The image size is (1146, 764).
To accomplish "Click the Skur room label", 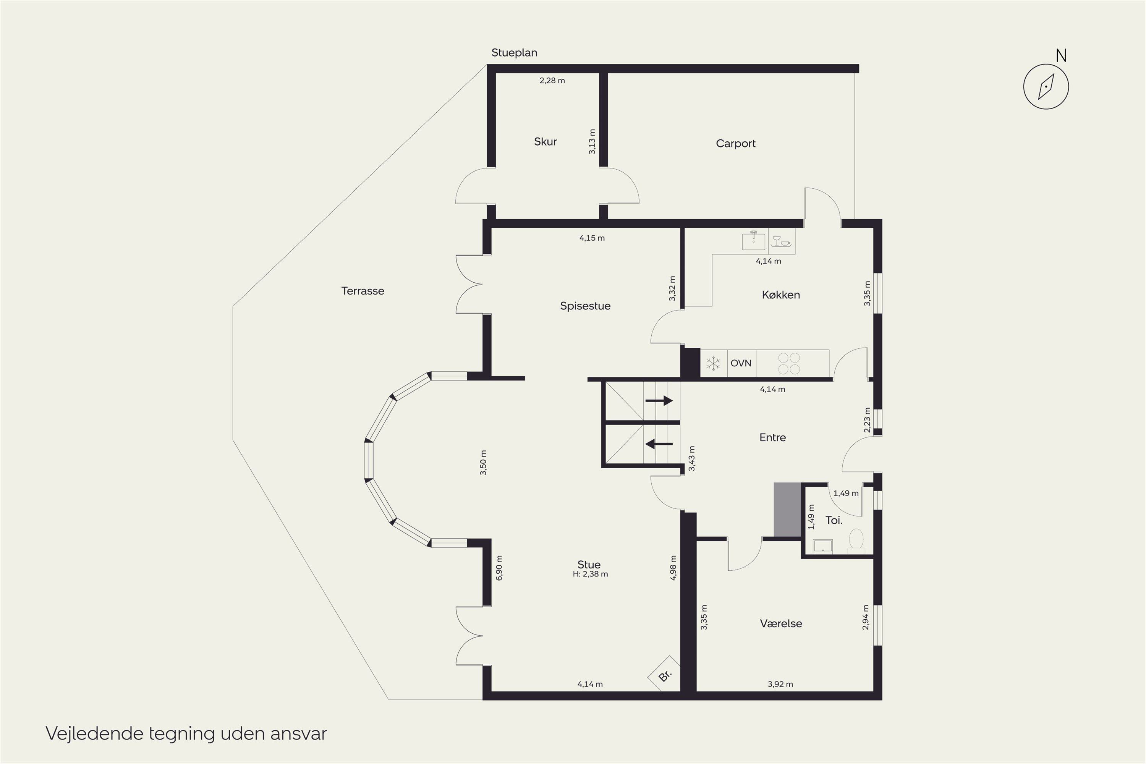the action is (545, 142).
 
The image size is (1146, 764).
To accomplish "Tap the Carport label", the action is (736, 144).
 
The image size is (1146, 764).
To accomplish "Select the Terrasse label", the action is (363, 291).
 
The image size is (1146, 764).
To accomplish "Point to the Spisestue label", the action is (585, 306).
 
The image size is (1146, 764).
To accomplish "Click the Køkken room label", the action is (780, 295).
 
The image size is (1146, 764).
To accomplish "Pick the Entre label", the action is (772, 437).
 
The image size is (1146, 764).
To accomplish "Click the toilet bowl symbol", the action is (856, 541).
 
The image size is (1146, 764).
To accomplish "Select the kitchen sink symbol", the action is (753, 240).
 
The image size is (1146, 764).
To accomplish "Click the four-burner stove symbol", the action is (789, 364).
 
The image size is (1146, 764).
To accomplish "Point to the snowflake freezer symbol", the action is (713, 364).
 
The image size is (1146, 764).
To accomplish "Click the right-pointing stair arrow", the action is (659, 400).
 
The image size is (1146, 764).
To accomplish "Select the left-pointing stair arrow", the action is (659, 444).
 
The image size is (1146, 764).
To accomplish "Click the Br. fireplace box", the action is (664, 674).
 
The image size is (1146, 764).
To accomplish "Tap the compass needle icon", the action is (1046, 87).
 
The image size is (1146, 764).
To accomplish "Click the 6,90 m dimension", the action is (499, 568).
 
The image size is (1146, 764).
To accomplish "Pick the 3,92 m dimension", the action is (780, 684).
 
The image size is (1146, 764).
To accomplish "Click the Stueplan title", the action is (514, 53).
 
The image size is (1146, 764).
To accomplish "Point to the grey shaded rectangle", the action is (787, 510).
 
